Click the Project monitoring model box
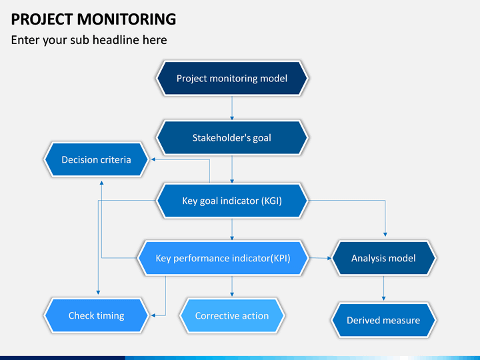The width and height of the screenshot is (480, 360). click(x=232, y=79)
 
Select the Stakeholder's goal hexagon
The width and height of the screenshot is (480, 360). click(x=232, y=138)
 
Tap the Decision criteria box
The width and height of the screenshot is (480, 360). click(x=97, y=159)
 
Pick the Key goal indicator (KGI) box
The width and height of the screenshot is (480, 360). click(x=232, y=201)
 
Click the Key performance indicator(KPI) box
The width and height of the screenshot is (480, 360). click(x=223, y=258)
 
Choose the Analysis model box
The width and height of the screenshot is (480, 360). click(x=383, y=258)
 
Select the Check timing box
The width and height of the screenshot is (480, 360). click(x=97, y=315)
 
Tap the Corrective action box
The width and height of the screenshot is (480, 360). click(x=232, y=315)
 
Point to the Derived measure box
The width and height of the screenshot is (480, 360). click(x=383, y=320)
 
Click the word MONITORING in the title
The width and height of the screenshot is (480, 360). click(x=127, y=19)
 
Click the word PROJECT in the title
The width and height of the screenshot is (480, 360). click(x=42, y=19)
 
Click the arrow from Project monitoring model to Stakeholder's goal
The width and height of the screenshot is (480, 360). click(x=232, y=108)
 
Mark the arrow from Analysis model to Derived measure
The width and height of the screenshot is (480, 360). click(x=383, y=288)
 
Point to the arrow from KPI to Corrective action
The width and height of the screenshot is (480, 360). click(x=232, y=286)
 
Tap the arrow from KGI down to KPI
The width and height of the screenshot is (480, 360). click(x=232, y=229)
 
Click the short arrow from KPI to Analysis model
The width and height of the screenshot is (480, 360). click(x=320, y=258)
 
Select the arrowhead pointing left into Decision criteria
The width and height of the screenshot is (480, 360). click(x=153, y=159)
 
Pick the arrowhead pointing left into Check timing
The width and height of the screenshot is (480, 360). click(x=153, y=315)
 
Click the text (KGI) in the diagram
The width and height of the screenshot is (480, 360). click(x=271, y=201)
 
